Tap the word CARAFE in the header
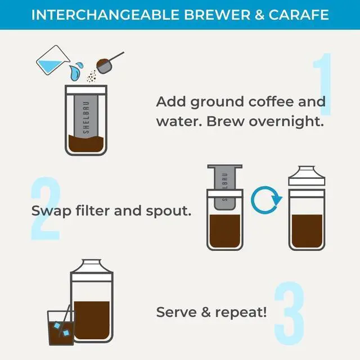pos(298,14)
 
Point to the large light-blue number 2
pos(45,209)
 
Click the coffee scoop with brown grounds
pos(107,62)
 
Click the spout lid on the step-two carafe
pos(306,176)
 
